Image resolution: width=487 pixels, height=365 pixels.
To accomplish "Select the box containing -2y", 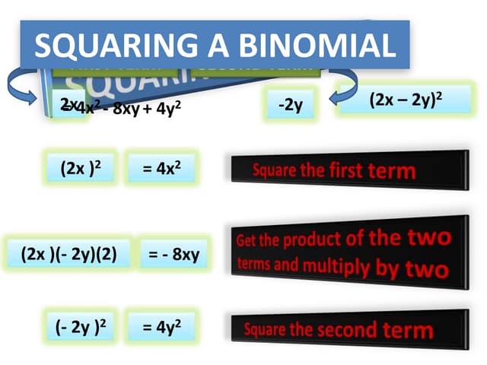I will (x=290, y=105).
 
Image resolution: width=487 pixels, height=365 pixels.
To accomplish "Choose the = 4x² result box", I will (x=162, y=168).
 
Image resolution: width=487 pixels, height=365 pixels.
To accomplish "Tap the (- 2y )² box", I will (x=80, y=328).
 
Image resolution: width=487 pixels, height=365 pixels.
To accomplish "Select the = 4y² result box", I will (x=161, y=328).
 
